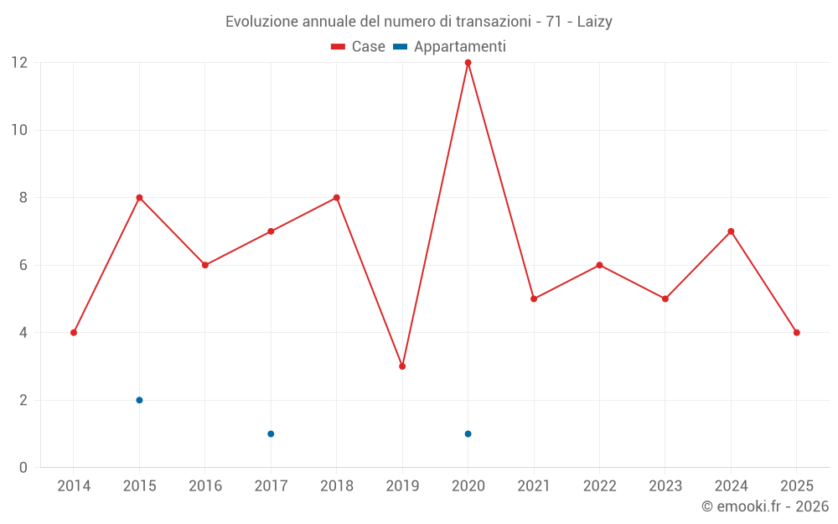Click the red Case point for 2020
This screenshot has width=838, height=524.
(468, 63)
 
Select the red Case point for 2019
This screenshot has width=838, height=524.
(402, 366)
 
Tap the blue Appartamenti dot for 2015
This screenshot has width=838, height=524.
(139, 400)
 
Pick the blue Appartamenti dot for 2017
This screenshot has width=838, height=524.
(271, 433)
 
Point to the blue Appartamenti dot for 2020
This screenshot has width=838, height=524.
(468, 433)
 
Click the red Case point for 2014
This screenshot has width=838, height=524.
(74, 333)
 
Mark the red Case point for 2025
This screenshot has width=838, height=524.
(796, 333)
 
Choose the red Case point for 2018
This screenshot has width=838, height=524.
(336, 198)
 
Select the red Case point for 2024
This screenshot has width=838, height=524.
(731, 231)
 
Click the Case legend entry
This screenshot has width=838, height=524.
(359, 47)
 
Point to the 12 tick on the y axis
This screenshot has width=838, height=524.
(19, 63)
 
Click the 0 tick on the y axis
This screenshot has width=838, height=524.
(23, 468)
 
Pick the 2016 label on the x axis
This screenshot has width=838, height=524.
(205, 486)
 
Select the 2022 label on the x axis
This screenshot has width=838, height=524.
(599, 486)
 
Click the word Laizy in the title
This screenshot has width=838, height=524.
(594, 22)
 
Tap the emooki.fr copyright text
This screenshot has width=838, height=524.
(765, 506)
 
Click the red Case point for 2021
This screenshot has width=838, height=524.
(534, 298)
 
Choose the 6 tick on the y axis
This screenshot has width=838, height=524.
(23, 265)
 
